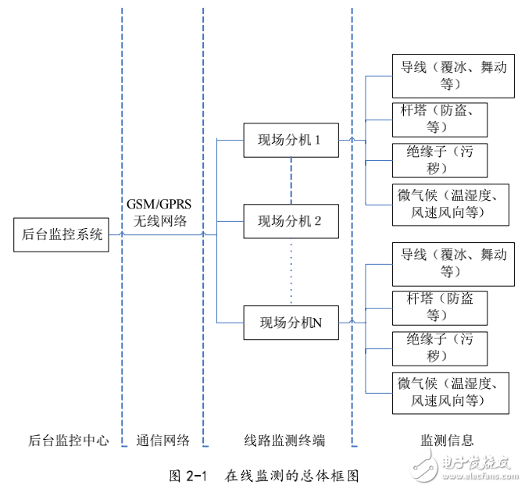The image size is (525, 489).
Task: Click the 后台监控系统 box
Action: pyautogui.click(x=60, y=234)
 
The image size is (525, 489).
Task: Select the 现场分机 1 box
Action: pyautogui.click(x=291, y=141)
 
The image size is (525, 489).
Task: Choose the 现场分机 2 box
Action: pyautogui.click(x=291, y=221)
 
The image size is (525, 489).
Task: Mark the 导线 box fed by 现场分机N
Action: pyautogui.click(x=453, y=263)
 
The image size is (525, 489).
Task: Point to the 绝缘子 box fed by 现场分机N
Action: pyautogui.click(x=443, y=348)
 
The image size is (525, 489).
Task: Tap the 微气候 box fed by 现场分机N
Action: pyautogui.click(x=453, y=392)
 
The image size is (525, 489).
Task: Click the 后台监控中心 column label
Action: pyautogui.click(x=68, y=441)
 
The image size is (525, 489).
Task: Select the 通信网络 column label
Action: pyautogui.click(x=162, y=441)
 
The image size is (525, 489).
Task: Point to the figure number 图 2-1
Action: pyautogui.click(x=187, y=474)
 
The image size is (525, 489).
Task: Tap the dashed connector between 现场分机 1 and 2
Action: pyautogui.click(x=291, y=180)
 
